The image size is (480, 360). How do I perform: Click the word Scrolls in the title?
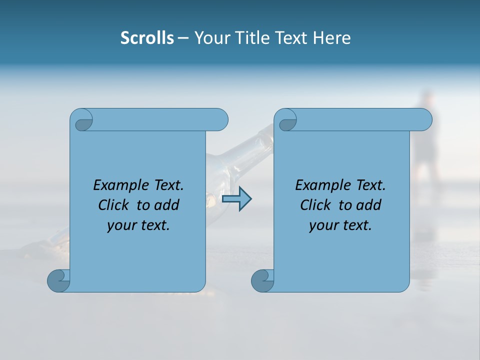point(147,38)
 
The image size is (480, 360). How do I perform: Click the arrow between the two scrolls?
point(236,199)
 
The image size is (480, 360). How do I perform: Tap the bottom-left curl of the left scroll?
point(58,280)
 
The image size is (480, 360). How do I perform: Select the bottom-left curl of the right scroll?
point(262,280)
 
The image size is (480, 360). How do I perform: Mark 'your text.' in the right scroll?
point(340,225)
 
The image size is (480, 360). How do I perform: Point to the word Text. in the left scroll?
point(167,185)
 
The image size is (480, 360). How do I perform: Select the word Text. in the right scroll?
point(369,185)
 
